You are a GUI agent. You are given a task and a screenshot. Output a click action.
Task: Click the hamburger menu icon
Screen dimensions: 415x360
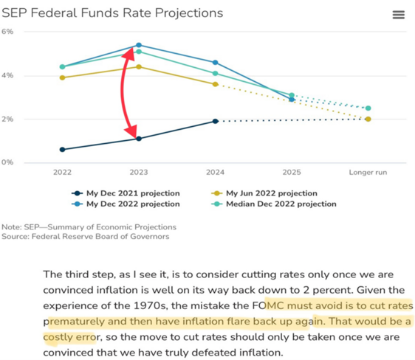(399, 15)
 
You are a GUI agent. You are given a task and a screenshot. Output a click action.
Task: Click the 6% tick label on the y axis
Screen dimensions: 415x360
(7, 32)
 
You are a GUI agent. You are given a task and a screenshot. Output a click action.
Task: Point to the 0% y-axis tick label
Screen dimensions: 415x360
(7, 162)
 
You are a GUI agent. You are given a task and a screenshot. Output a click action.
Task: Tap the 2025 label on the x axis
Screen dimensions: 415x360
(292, 173)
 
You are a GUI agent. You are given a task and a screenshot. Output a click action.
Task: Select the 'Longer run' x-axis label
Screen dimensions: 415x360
(368, 173)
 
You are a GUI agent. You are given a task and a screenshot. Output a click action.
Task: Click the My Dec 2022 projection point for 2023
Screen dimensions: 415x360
(139, 45)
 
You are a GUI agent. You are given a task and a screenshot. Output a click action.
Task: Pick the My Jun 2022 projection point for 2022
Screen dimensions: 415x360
(63, 77)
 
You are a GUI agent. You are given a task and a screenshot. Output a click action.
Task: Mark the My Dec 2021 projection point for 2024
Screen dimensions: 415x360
(216, 121)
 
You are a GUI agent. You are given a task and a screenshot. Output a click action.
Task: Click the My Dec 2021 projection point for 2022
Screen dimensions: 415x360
(63, 150)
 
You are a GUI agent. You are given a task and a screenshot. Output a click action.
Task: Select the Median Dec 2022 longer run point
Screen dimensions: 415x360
(368, 108)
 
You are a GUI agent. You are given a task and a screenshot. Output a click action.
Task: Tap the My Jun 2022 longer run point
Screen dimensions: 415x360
(368, 120)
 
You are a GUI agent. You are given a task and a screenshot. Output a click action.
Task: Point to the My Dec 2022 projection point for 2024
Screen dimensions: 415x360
(216, 63)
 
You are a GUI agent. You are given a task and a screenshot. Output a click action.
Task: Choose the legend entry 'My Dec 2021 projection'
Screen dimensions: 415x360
(126, 193)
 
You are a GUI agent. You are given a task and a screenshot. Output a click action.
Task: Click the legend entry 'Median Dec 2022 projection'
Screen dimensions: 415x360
(274, 204)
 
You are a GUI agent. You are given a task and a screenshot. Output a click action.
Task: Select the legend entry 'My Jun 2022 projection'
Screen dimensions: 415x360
(264, 193)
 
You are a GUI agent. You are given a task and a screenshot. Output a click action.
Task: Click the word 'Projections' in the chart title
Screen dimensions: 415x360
(189, 13)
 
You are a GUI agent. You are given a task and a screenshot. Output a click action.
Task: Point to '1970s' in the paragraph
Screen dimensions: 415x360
(151, 306)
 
